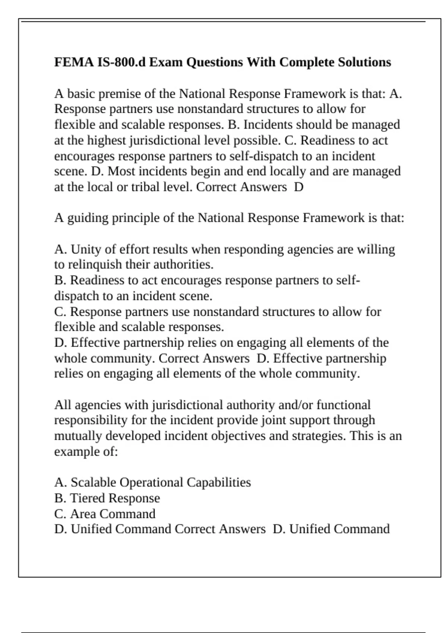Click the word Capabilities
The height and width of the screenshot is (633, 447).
click(219, 483)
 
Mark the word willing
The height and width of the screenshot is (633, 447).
click(376, 249)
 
